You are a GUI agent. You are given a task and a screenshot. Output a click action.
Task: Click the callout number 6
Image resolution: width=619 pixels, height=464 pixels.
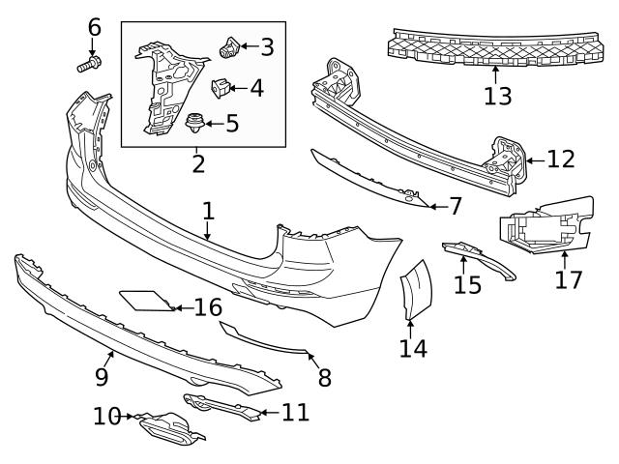coord(94,26)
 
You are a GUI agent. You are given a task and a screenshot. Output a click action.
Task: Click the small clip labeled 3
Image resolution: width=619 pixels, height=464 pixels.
coord(230,45)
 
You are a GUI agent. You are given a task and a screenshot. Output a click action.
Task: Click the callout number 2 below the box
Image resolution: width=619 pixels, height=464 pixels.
coord(198,163)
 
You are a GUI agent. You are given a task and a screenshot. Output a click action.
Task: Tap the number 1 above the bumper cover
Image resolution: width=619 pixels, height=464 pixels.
coord(207,210)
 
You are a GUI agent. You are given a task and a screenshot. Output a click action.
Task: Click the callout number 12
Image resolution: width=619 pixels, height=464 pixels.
coord(560,159)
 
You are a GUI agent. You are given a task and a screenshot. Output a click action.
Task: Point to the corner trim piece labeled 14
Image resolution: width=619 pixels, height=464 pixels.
coord(418,289)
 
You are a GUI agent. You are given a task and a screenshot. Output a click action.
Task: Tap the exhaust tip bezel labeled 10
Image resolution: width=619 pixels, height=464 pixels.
coord(166,427)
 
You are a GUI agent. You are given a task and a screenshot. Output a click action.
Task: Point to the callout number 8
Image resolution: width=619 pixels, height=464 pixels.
coord(324,378)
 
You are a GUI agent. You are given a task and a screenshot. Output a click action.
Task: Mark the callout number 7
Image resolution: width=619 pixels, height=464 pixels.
coord(456,206)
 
